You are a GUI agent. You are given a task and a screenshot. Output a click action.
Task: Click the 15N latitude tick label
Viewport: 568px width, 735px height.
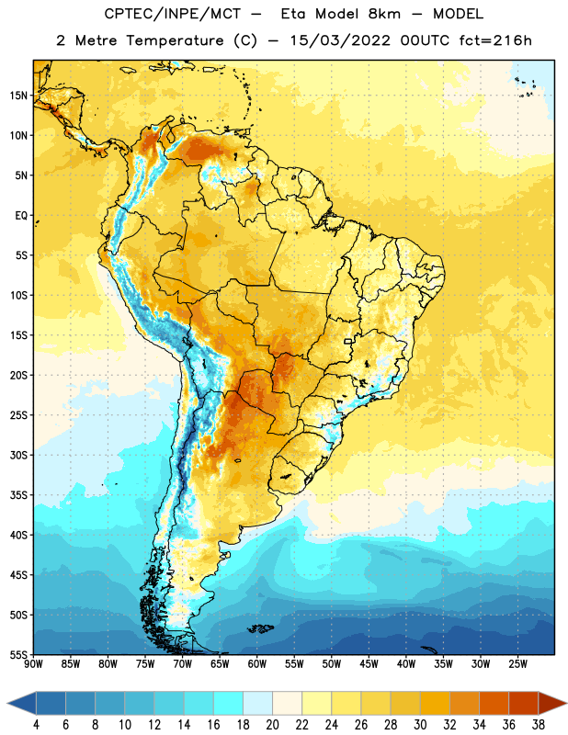[x=18, y=96]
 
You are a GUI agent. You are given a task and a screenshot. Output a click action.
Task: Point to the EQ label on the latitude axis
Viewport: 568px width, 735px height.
[x=21, y=216]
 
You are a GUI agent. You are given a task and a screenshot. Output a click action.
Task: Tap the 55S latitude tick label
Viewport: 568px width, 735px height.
[x=18, y=654]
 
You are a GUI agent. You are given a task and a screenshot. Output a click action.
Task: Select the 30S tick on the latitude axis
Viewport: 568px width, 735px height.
[x=18, y=455]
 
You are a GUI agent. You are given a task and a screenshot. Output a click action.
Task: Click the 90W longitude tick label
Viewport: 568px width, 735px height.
[x=33, y=664]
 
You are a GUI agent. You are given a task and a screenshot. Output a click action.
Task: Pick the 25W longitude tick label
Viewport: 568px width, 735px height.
[x=517, y=664]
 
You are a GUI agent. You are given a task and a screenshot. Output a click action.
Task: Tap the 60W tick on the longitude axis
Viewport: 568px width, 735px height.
[x=257, y=664]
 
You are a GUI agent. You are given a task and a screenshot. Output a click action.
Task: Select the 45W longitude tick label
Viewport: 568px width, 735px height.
[x=369, y=664]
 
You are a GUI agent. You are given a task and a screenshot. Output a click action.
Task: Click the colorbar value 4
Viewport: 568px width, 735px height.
[x=36, y=725]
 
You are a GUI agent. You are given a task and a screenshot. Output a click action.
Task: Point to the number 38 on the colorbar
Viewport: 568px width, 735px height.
[x=539, y=725]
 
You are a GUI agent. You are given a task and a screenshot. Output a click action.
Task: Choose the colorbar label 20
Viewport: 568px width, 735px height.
[x=272, y=725]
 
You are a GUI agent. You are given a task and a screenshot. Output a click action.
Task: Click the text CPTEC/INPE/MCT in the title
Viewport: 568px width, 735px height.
[x=172, y=14]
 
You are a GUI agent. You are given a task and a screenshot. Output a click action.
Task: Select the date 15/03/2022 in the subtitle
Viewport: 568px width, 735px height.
[x=339, y=40]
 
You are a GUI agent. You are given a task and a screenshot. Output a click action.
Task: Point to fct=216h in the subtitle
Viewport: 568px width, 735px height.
[x=495, y=40]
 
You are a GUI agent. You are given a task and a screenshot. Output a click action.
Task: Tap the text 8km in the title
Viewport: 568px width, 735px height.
[x=384, y=14]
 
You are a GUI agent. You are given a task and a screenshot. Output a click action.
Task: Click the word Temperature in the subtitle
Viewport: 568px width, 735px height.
[x=175, y=40]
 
